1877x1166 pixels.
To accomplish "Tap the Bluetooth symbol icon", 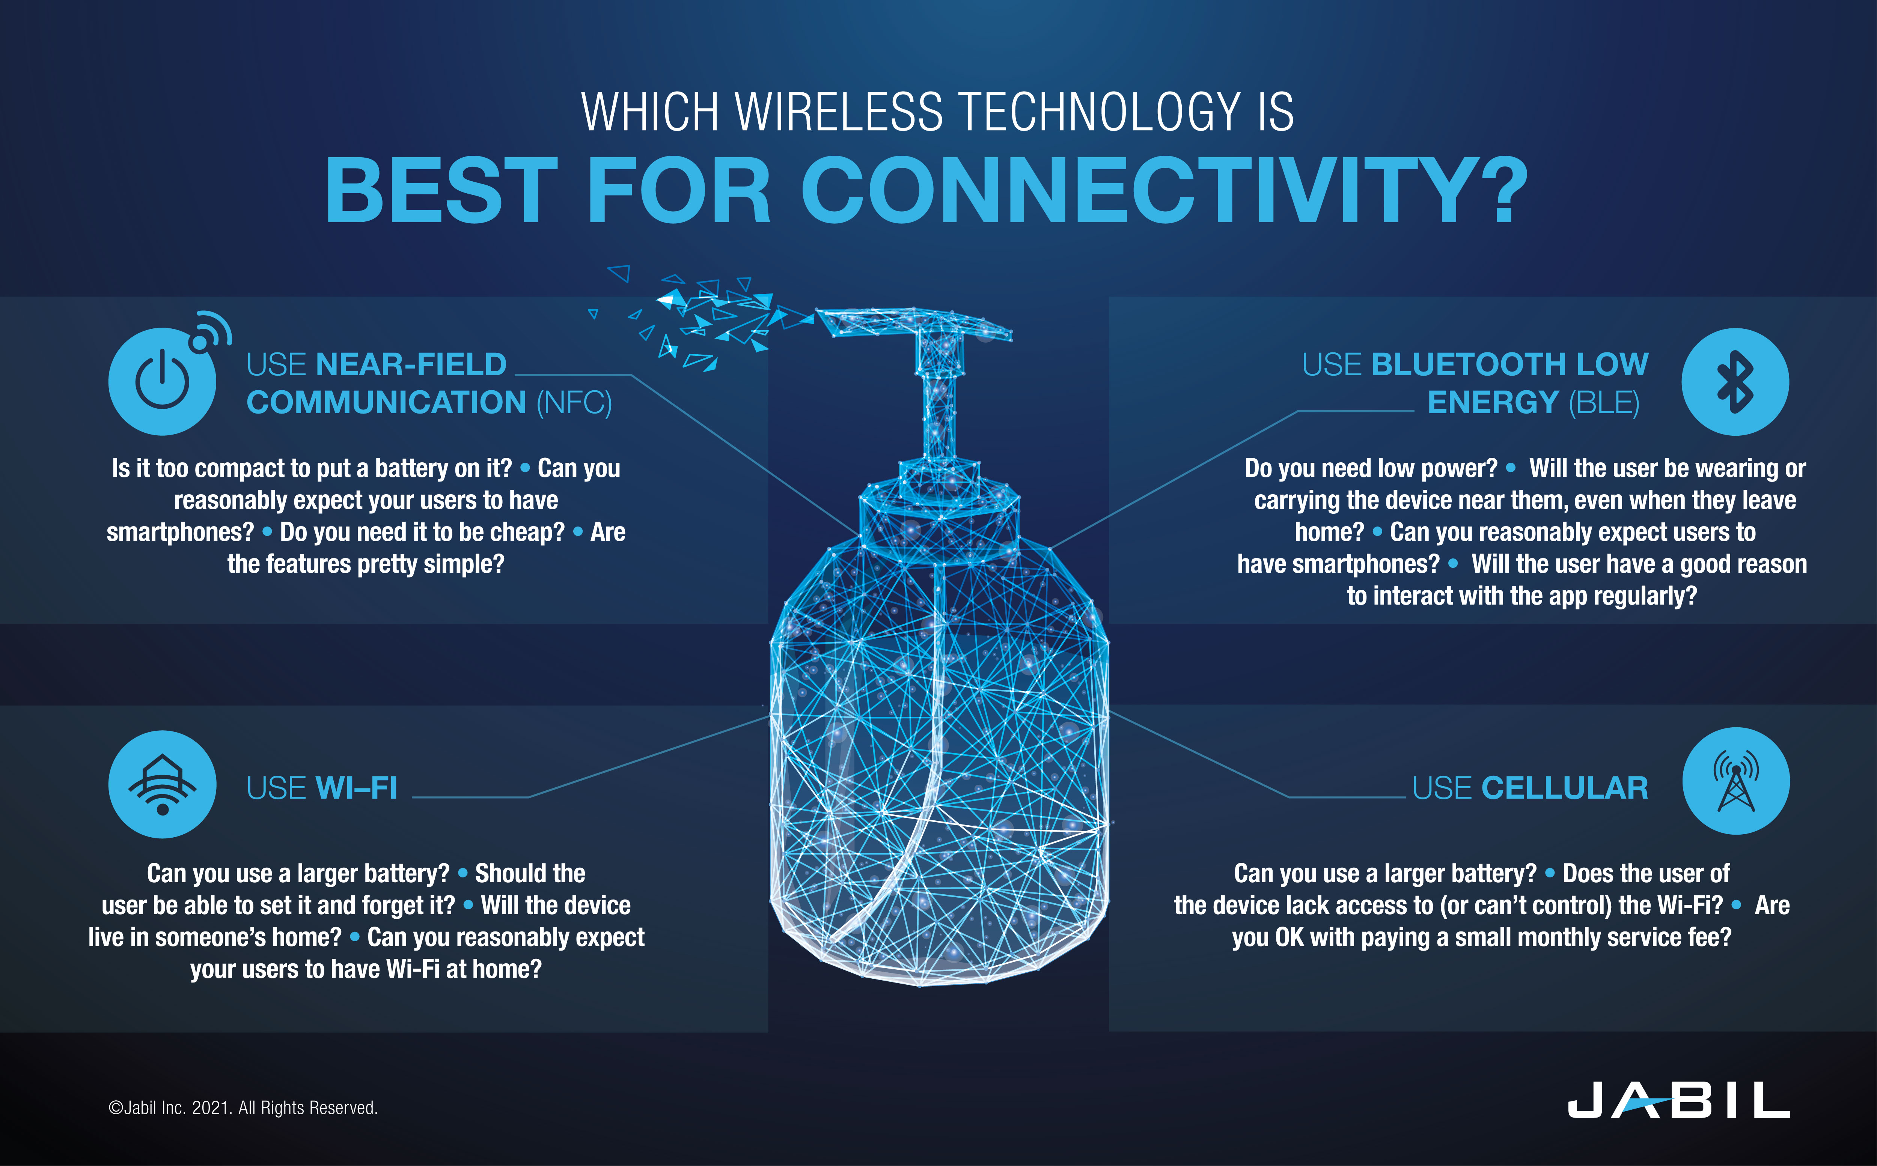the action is click(x=1735, y=382).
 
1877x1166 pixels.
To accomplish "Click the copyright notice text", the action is click(x=243, y=1108).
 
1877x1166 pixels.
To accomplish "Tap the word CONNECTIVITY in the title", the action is click(x=1164, y=191).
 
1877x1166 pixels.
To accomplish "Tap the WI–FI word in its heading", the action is click(x=357, y=788).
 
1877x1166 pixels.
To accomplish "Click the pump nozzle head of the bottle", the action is click(x=914, y=324).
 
